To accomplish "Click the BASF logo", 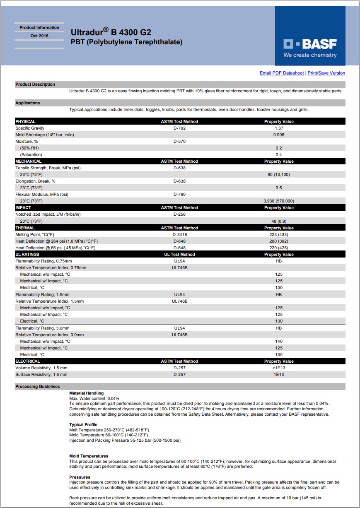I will [310, 48].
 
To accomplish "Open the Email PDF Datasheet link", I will [281, 73].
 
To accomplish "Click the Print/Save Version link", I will [326, 73].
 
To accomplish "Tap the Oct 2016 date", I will [39, 36].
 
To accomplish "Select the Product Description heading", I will [35, 84].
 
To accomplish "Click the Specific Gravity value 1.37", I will [279, 128].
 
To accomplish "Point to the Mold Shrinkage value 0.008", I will [279, 135].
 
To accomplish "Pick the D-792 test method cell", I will [179, 128].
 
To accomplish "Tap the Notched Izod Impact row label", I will [48, 214].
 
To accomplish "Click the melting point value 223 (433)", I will [279, 235].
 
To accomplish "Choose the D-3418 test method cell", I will [179, 235].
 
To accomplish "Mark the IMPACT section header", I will [23, 208].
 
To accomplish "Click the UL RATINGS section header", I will [27, 255].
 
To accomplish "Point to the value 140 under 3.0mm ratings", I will [279, 342].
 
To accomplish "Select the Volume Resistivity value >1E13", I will [279, 368].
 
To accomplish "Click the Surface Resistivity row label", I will [41, 375].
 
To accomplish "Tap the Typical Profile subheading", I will [83, 425].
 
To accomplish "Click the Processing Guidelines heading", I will [38, 387].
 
